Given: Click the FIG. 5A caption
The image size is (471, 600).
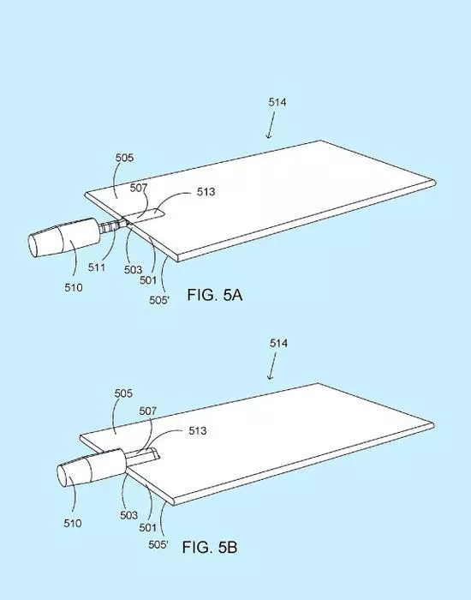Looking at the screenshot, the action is click(x=214, y=295).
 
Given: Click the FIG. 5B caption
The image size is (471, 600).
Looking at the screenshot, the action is click(x=210, y=547).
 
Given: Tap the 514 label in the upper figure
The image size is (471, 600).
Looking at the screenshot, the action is click(x=277, y=102).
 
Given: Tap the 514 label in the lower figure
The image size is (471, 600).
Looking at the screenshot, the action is click(x=278, y=343).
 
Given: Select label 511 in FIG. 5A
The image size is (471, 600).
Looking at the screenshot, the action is click(x=96, y=267).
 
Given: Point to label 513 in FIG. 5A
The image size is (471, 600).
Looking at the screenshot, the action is click(x=206, y=192).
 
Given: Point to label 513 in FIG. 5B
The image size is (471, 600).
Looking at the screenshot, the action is click(x=198, y=430).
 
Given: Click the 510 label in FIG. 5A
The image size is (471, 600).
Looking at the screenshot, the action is click(x=73, y=287).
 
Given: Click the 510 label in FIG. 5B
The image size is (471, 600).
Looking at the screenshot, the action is click(x=73, y=523).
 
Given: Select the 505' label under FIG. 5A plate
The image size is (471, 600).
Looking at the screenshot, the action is click(x=159, y=300).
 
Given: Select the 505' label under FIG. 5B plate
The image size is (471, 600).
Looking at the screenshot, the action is click(x=158, y=544).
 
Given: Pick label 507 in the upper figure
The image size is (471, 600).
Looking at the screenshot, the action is click(x=139, y=188).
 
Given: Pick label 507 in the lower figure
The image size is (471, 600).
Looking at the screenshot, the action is click(x=148, y=411).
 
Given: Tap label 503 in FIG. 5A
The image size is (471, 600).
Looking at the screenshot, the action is click(x=133, y=270).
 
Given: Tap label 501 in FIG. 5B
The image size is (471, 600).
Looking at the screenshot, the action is click(x=147, y=528).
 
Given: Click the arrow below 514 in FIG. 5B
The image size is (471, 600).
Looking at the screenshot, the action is click(x=272, y=366).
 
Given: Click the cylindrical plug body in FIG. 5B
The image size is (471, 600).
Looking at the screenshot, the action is click(x=92, y=468).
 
